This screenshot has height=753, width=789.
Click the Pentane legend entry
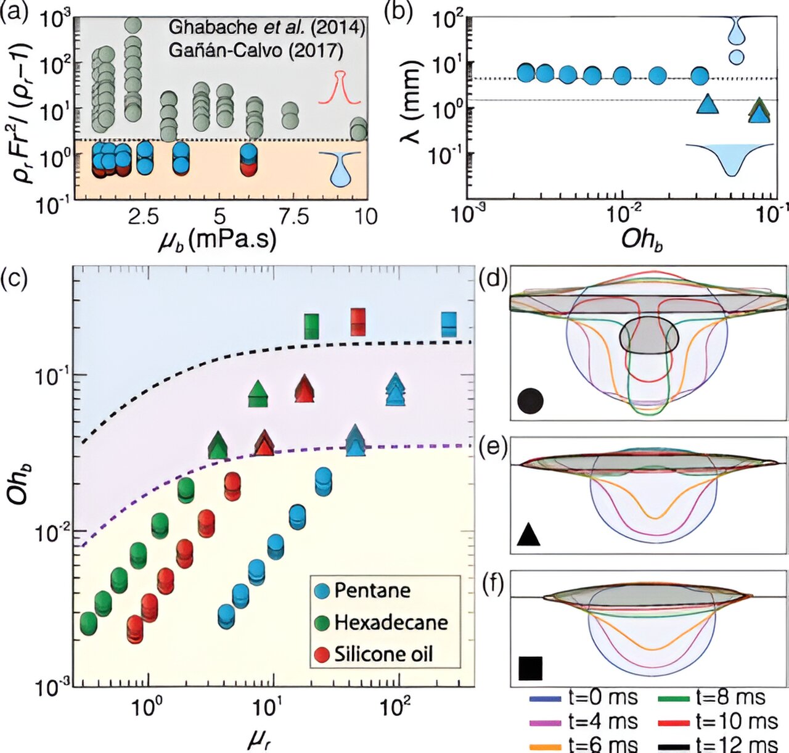372,590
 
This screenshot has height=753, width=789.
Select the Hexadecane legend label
391,622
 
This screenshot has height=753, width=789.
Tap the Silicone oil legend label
383,654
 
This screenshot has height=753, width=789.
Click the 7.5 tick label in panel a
294,216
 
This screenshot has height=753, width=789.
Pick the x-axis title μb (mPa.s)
217,239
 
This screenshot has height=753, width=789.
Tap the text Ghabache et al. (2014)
267,27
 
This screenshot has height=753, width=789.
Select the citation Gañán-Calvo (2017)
256,50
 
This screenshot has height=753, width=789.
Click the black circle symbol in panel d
530,400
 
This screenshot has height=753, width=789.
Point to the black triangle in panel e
529,534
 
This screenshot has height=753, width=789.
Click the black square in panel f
530,668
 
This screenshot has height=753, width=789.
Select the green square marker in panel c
312,326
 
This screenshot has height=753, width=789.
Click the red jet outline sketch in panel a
338,88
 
